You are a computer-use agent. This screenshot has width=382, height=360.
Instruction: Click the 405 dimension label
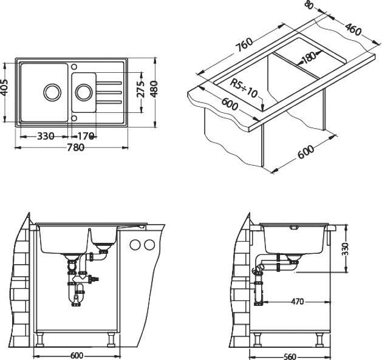(x=6, y=87)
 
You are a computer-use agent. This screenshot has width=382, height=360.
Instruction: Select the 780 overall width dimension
(x=76, y=148)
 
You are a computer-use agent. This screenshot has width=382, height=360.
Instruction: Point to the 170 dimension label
(x=86, y=136)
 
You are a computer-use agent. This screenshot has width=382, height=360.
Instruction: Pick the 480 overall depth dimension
(x=154, y=89)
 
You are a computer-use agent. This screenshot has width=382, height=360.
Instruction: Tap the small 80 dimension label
(x=309, y=5)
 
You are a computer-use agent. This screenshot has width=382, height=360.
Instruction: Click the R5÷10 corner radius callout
(x=244, y=88)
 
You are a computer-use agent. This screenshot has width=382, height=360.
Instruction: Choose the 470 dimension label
(x=298, y=302)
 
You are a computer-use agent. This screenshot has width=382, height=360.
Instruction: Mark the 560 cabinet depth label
(x=290, y=356)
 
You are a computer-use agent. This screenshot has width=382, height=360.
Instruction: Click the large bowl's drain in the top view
(x=52, y=92)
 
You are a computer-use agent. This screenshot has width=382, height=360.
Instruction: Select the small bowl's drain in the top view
(x=84, y=92)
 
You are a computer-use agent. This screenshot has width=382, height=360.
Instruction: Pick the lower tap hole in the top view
(x=74, y=118)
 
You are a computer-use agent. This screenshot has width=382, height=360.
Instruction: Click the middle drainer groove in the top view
(x=109, y=92)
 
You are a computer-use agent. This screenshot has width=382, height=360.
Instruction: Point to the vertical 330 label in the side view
(x=345, y=248)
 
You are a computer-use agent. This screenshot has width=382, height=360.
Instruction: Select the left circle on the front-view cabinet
(x=135, y=245)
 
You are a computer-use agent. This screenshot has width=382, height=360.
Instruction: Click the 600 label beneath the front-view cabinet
(x=77, y=356)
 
